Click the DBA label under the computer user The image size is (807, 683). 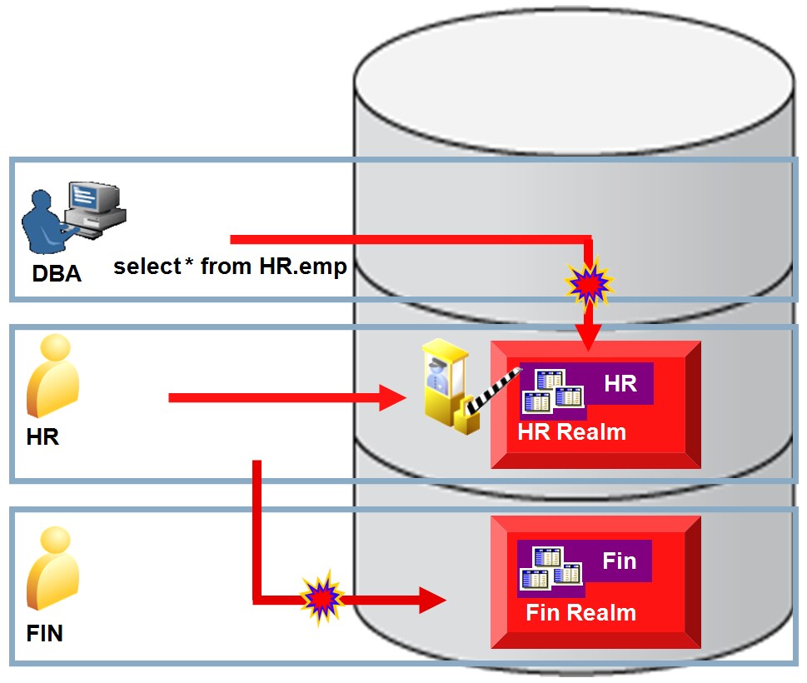click(x=57, y=272)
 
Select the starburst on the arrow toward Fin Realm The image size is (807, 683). click(x=321, y=596)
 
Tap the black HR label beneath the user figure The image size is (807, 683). click(x=42, y=436)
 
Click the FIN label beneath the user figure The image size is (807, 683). click(x=45, y=633)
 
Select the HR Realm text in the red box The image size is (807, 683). click(x=571, y=432)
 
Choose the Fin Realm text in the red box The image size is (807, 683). click(x=580, y=613)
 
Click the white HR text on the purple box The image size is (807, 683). click(x=620, y=384)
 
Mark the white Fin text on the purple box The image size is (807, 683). click(x=619, y=561)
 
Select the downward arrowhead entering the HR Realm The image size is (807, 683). click(x=590, y=337)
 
